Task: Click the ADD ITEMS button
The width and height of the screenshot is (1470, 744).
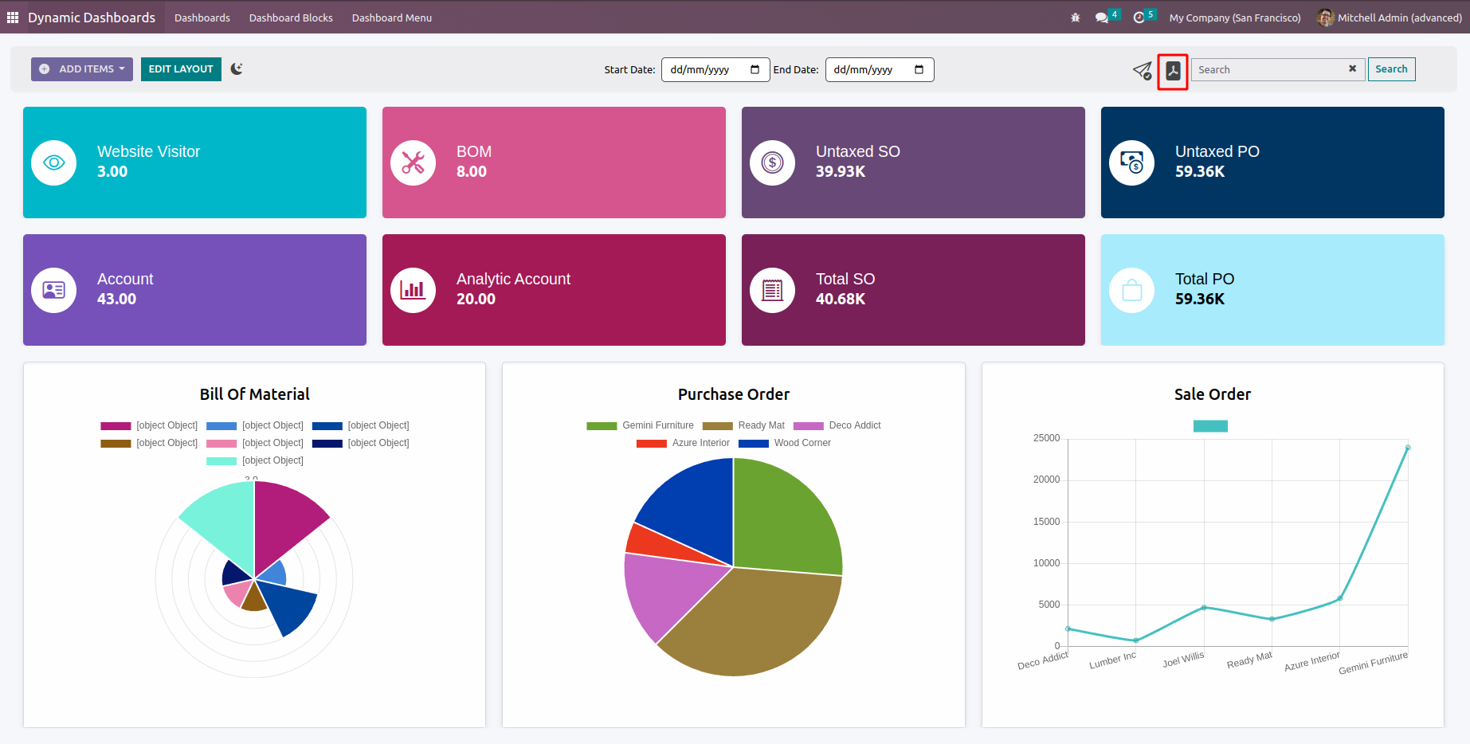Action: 82,69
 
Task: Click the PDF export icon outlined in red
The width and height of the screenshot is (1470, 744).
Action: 1173,71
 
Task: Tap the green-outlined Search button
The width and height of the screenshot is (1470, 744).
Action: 1391,69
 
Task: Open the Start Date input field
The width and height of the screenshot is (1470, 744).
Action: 705,70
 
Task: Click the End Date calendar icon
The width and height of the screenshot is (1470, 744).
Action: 919,70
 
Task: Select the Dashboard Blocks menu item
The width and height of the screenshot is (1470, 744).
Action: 291,18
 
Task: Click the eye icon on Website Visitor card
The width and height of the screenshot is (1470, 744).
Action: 54,163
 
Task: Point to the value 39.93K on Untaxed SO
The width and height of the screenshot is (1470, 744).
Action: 840,171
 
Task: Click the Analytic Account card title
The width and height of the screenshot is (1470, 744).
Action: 513,279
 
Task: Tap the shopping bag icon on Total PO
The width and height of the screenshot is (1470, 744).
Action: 1131,290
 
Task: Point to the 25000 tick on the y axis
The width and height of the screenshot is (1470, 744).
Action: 1046,438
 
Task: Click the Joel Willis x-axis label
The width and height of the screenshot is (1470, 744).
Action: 1183,660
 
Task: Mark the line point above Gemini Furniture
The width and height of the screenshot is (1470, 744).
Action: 1408,448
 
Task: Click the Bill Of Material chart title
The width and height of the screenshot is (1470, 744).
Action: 254,394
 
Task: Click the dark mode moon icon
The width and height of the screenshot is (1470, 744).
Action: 237,69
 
